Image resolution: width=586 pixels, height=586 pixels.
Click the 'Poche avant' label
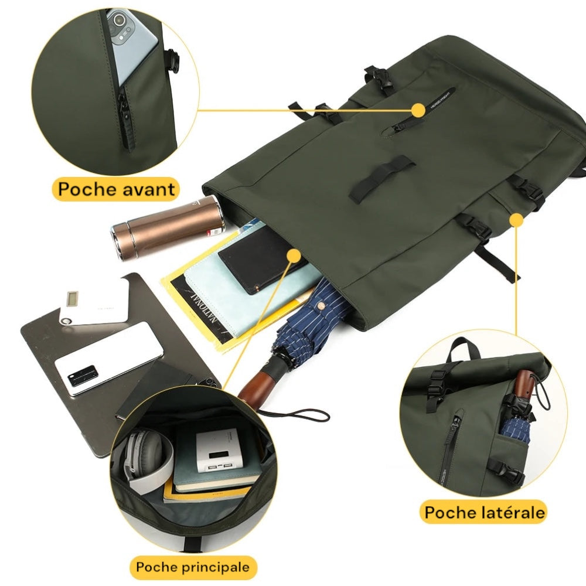117,189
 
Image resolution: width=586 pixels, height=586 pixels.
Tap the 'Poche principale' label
193,567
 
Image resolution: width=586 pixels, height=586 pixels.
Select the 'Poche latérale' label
485,512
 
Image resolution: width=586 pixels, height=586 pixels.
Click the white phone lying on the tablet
109,359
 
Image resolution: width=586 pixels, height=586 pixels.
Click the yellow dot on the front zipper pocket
418,110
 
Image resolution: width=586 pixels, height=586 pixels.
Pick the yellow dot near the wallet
294,255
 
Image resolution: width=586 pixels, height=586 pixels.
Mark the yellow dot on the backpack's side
516,220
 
